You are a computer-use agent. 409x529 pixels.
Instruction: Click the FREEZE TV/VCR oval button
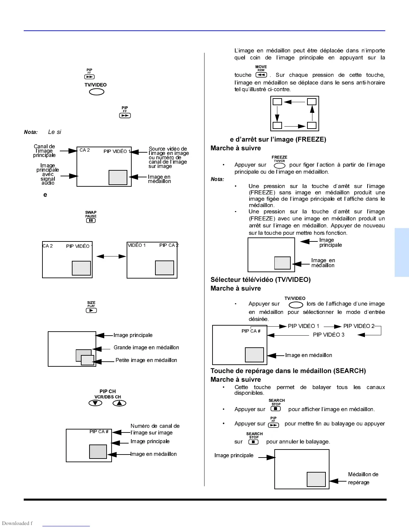click(x=279, y=166)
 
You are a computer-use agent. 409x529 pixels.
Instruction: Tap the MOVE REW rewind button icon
click(x=261, y=75)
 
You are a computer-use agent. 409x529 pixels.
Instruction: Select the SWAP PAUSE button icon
click(x=91, y=220)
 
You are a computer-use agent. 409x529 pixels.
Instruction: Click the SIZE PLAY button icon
click(x=91, y=310)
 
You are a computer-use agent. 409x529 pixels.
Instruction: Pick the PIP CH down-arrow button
click(x=95, y=403)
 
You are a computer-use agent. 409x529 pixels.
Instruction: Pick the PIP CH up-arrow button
click(x=119, y=403)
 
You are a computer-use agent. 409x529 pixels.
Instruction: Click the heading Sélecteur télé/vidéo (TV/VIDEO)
click(x=260, y=280)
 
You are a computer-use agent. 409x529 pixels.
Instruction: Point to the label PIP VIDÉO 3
click(x=328, y=335)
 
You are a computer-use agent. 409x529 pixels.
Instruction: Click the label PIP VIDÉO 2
click(x=359, y=326)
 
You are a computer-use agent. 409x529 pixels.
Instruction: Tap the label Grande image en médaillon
click(x=146, y=348)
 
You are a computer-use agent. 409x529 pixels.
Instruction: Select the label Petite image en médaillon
click(x=146, y=360)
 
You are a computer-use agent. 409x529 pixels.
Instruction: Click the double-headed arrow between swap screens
click(x=111, y=256)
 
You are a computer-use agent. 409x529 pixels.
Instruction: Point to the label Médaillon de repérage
click(x=363, y=478)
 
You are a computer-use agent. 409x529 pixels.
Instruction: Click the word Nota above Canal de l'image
click(x=31, y=132)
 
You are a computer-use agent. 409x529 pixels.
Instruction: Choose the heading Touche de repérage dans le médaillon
click(x=288, y=371)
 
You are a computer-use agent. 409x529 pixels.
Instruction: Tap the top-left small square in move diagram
click(x=277, y=102)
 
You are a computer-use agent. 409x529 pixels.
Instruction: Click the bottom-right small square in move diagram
click(x=311, y=126)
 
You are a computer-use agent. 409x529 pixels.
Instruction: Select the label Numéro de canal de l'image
click(x=155, y=429)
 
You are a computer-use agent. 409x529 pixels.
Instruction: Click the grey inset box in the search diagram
click(x=316, y=480)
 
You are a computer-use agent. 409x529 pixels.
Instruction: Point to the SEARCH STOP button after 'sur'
click(x=254, y=442)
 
